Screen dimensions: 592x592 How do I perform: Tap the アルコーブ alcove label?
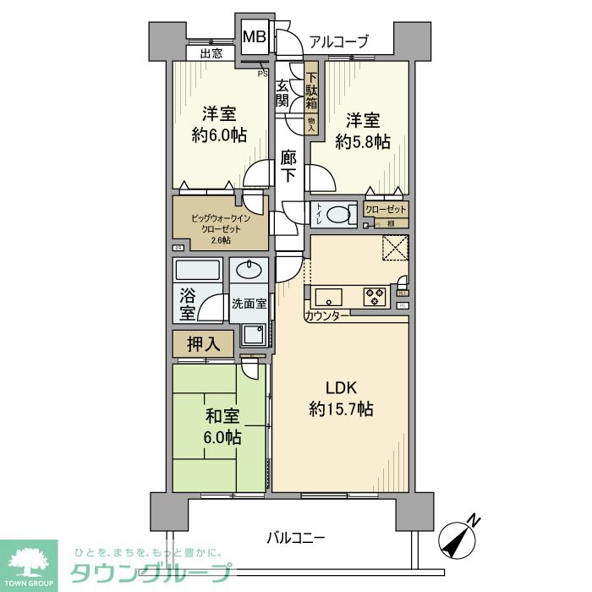(x=338, y=41)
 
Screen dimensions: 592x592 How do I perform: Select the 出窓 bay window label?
(x=211, y=53)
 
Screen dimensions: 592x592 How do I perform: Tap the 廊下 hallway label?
(x=289, y=167)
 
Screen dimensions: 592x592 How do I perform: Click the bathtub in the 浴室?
(x=198, y=271)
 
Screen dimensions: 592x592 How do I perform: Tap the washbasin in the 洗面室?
(x=249, y=271)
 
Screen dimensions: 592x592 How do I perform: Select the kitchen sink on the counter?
(x=327, y=297)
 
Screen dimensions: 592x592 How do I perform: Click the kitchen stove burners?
(x=375, y=297)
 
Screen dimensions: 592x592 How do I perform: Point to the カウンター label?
(x=326, y=315)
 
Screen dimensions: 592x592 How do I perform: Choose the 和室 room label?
(x=222, y=416)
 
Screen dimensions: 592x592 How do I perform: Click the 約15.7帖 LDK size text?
(x=342, y=408)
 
